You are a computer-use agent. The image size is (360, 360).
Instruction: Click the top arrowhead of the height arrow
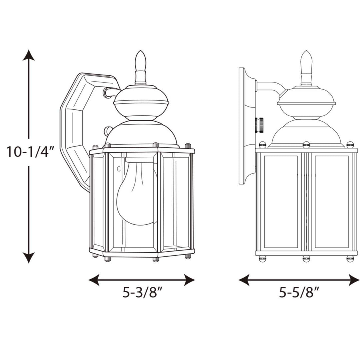coord(29,55)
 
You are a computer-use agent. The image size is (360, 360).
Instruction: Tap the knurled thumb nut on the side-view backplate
coord(259,125)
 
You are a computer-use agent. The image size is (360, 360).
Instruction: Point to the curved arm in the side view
coord(270,86)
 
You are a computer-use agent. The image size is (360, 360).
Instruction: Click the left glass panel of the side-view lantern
coord(281,201)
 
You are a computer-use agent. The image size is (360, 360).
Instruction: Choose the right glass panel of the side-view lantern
coord(331,201)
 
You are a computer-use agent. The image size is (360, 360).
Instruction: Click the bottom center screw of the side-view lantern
coord(306,259)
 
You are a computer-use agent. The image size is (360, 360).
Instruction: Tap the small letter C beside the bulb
coord(119,169)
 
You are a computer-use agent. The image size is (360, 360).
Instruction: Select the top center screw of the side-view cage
coord(306,145)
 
